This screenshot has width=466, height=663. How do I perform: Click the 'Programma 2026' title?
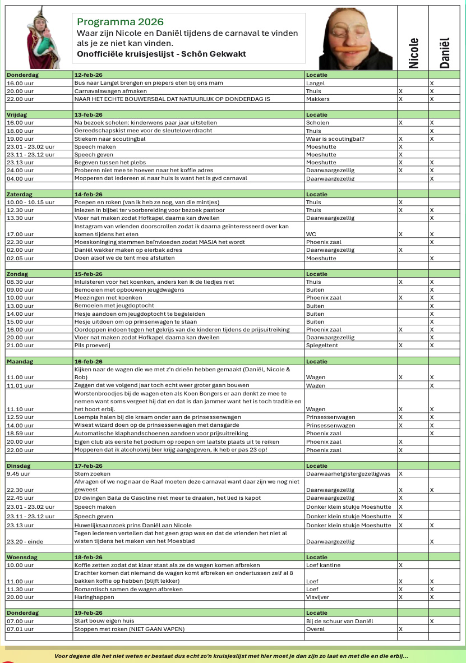tap(120, 22)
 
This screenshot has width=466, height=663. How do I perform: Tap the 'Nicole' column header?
tap(413, 53)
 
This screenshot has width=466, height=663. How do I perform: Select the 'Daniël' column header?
tap(444, 53)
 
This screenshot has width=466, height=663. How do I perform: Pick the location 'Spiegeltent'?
tap(322, 346)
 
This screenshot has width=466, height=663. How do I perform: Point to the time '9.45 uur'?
tap(18, 473)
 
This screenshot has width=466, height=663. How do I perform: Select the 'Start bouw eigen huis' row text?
tap(105, 621)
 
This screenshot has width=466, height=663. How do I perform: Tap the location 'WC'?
tap(311, 233)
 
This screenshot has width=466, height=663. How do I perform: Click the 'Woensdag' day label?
tap(20, 557)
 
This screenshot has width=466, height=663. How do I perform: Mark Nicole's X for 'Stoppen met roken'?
tap(400, 629)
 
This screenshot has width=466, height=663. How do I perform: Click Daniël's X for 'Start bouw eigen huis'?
tap(431, 621)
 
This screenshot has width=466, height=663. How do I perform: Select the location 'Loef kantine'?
tap(323, 565)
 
